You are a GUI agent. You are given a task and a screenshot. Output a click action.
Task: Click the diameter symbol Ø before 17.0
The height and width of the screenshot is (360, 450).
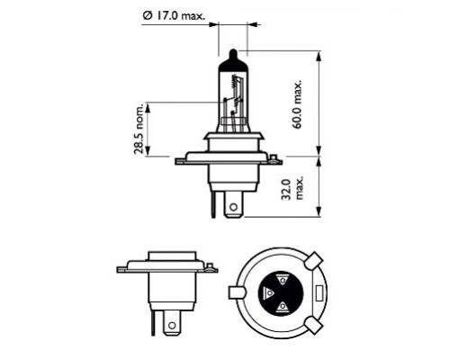pos(147,14)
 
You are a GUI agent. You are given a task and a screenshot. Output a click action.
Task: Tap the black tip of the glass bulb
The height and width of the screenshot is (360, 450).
pos(232,56)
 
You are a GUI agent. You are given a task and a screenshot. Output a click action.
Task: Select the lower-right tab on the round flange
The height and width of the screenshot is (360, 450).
pos(311,324)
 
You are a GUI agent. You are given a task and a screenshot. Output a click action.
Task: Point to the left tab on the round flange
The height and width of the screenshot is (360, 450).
pos(237,292)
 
